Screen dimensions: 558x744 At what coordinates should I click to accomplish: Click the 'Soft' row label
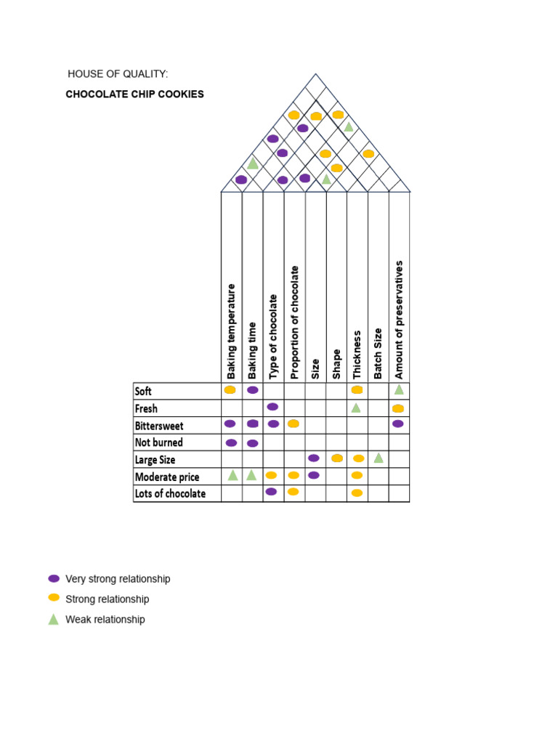point(143,392)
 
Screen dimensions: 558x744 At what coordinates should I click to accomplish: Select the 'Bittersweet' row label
point(159,426)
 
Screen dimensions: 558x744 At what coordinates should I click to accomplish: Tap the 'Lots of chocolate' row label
point(170,493)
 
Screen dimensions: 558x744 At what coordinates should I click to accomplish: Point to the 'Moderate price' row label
point(167,477)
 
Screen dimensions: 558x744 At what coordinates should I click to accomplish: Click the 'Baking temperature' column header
point(231,331)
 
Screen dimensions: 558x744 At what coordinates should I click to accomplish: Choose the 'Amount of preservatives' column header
point(399,320)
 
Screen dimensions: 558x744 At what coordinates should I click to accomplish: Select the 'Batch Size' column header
point(378,354)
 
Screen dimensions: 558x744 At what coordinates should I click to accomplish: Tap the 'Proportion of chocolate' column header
point(294,323)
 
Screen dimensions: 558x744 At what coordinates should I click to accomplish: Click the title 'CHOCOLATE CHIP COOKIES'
point(134,94)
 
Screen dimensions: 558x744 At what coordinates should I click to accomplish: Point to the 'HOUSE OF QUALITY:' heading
point(118,74)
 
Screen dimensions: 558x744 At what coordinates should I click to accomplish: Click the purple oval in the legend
point(54,578)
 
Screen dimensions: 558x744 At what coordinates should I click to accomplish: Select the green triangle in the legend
point(54,619)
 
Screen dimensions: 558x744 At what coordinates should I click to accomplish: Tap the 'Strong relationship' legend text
point(108,599)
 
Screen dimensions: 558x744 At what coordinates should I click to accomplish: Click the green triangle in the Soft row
point(399,390)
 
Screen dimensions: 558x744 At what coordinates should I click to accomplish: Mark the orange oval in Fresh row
point(398,408)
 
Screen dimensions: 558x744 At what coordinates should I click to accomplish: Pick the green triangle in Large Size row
point(378,458)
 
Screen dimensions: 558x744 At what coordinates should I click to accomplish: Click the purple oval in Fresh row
point(272,407)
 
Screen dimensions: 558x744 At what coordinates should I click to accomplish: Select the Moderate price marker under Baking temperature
point(232,475)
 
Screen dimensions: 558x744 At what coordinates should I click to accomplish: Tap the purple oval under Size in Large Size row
point(314,458)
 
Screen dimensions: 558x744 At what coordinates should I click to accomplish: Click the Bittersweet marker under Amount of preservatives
point(398,424)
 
